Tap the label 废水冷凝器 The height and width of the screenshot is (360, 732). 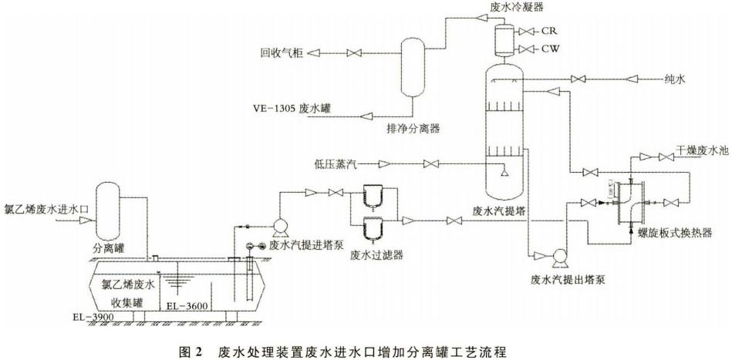pyautogui.click(x=516, y=7)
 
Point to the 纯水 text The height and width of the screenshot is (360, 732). pyautogui.click(x=676, y=79)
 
